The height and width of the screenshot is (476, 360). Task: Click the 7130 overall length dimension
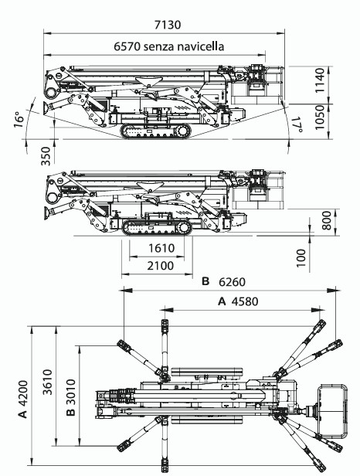click(167, 25)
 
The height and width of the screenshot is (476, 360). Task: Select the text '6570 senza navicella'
click(169, 46)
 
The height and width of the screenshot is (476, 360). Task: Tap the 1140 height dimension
click(320, 80)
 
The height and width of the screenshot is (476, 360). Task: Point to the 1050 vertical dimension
click(320, 117)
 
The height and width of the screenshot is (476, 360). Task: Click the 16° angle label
click(19, 120)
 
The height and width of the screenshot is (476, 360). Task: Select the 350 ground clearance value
click(46, 156)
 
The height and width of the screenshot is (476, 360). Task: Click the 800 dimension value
click(326, 221)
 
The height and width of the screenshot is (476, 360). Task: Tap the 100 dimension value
click(301, 258)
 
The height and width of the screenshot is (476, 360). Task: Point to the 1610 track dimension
click(161, 248)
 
